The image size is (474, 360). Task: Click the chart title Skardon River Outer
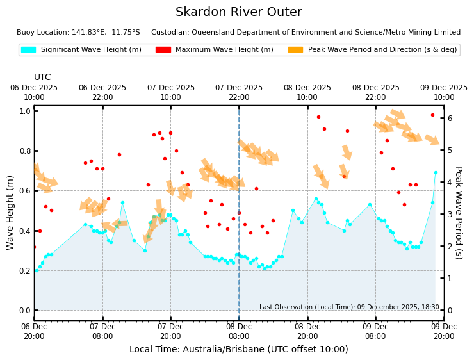pos(238,12)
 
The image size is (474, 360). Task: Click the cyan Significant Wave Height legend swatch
pos(29,49)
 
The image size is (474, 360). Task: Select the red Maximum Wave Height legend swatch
pos(163,49)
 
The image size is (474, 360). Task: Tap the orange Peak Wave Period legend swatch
pos(295,49)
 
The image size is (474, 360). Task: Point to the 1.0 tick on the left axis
pos(24,111)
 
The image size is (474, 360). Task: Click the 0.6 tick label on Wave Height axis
pos(24,191)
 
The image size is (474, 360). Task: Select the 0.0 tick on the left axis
pos(24,311)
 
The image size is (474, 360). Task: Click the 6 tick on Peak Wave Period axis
pos(450,119)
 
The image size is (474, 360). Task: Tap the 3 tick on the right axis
pos(450,215)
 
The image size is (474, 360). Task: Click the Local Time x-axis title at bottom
pos(238,349)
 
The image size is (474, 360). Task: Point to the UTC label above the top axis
pos(42,77)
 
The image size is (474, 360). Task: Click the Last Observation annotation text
pos(349,307)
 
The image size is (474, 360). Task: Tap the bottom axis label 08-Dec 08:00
pos(239,331)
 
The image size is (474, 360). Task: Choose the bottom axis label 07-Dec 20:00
pos(170,331)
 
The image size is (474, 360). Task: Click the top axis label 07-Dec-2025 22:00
pos(239,92)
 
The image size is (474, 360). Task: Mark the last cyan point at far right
pos(436,173)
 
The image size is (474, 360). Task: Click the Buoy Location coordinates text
pos(78,32)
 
